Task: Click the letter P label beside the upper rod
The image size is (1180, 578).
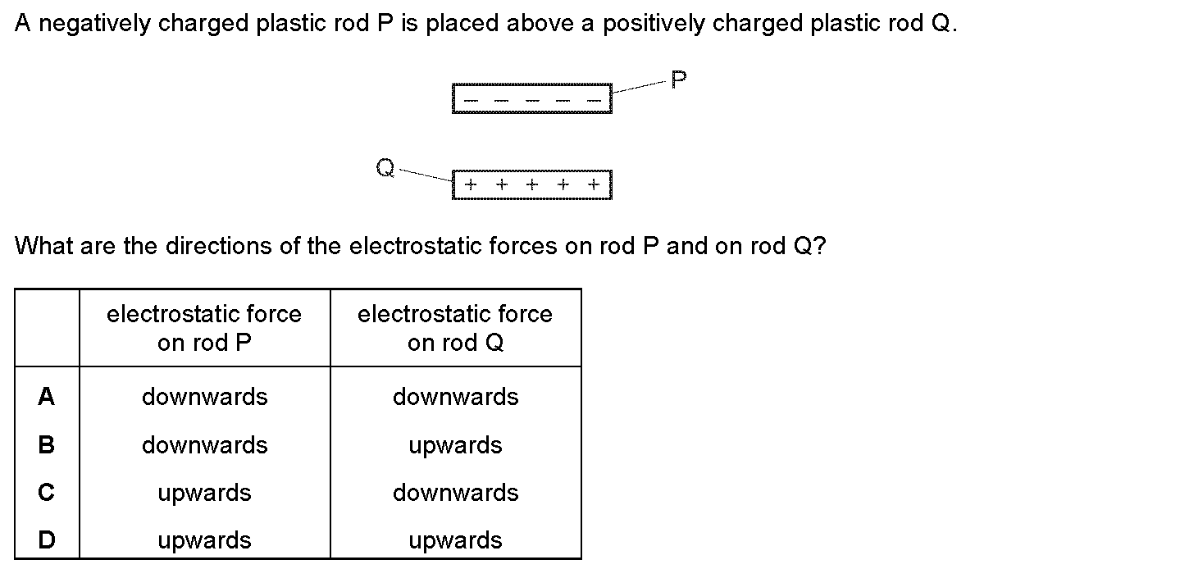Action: pos(678,80)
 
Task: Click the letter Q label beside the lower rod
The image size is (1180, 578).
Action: pos(385,168)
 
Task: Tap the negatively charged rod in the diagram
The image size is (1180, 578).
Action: pos(531,98)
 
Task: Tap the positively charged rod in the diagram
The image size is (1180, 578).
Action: pos(531,184)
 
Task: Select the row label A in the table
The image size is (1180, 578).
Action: pos(47,397)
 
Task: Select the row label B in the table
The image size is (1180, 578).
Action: pos(47,445)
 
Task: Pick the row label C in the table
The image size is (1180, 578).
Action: pos(47,493)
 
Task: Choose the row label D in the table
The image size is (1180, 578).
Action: pos(47,540)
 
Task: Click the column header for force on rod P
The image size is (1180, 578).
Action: pos(204,328)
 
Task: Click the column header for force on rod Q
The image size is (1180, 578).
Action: pos(455,328)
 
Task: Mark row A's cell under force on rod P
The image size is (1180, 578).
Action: pos(204,397)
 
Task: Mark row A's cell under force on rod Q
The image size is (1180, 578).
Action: pos(455,397)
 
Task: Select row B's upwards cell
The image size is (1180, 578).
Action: pos(455,445)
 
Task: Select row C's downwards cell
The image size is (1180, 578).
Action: pos(455,493)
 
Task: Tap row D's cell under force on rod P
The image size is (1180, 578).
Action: pos(204,540)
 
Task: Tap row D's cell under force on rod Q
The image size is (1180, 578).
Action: pos(455,540)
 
